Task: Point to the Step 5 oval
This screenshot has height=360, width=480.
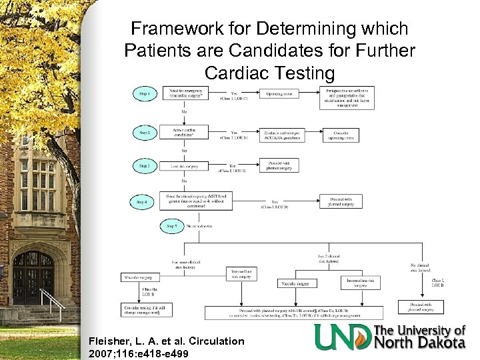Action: pos(172,227)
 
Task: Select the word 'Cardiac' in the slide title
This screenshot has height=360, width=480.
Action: pos(240,71)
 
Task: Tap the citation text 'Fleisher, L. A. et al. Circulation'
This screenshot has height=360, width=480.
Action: pos(166,341)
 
